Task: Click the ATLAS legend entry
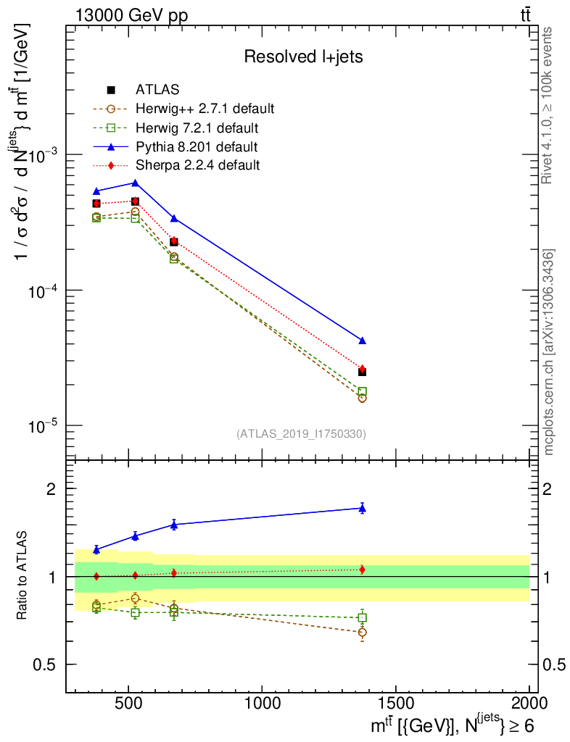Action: pyautogui.click(x=157, y=90)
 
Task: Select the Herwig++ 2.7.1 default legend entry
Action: pyautogui.click(x=205, y=109)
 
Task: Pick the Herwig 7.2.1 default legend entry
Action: pyautogui.click(x=197, y=128)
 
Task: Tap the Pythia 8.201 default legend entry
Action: pyautogui.click(x=197, y=146)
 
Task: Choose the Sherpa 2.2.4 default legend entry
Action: pyautogui.click(x=197, y=165)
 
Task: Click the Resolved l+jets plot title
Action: pyautogui.click(x=303, y=57)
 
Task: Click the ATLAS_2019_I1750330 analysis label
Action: pyautogui.click(x=301, y=434)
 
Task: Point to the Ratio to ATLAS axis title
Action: pyautogui.click(x=23, y=576)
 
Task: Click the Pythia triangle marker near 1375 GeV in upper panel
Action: pyautogui.click(x=363, y=341)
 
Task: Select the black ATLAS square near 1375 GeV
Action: pyautogui.click(x=363, y=372)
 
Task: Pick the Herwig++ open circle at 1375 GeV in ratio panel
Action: pyautogui.click(x=363, y=633)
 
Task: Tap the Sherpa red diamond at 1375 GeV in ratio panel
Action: pyautogui.click(x=363, y=570)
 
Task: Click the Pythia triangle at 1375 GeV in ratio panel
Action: pyautogui.click(x=363, y=509)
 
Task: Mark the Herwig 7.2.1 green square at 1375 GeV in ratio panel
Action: pyautogui.click(x=363, y=617)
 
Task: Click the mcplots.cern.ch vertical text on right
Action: pyautogui.click(x=549, y=351)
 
